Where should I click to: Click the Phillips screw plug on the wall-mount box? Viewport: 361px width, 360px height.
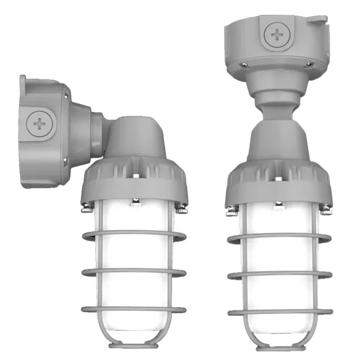click(41, 124)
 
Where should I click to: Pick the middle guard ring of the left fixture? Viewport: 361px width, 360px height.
click(134, 271)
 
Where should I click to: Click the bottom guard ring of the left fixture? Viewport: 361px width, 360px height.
click(134, 309)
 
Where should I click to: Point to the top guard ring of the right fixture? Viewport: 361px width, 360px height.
click(280, 237)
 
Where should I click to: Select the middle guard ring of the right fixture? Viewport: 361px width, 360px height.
click(280, 275)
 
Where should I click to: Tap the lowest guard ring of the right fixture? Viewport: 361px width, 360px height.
click(280, 312)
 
